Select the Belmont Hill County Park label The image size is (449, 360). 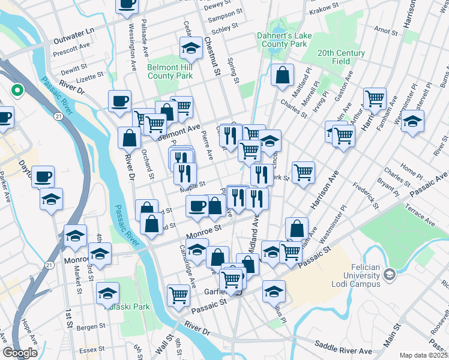(170, 72)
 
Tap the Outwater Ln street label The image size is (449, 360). (74, 31)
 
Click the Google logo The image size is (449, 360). (20, 353)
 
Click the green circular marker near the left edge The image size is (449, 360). (17, 91)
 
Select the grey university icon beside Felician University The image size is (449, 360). (390, 274)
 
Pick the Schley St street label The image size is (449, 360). (224, 28)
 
